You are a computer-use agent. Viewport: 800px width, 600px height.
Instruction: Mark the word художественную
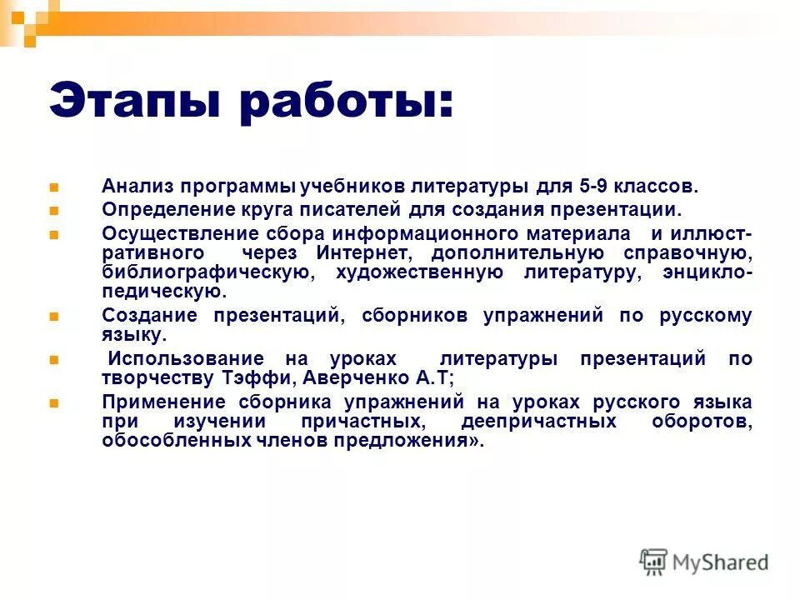420,272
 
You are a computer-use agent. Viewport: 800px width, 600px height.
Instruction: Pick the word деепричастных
538,422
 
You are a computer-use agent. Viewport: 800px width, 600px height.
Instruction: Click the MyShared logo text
721,562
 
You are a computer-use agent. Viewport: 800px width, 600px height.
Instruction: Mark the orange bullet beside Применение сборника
54,402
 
